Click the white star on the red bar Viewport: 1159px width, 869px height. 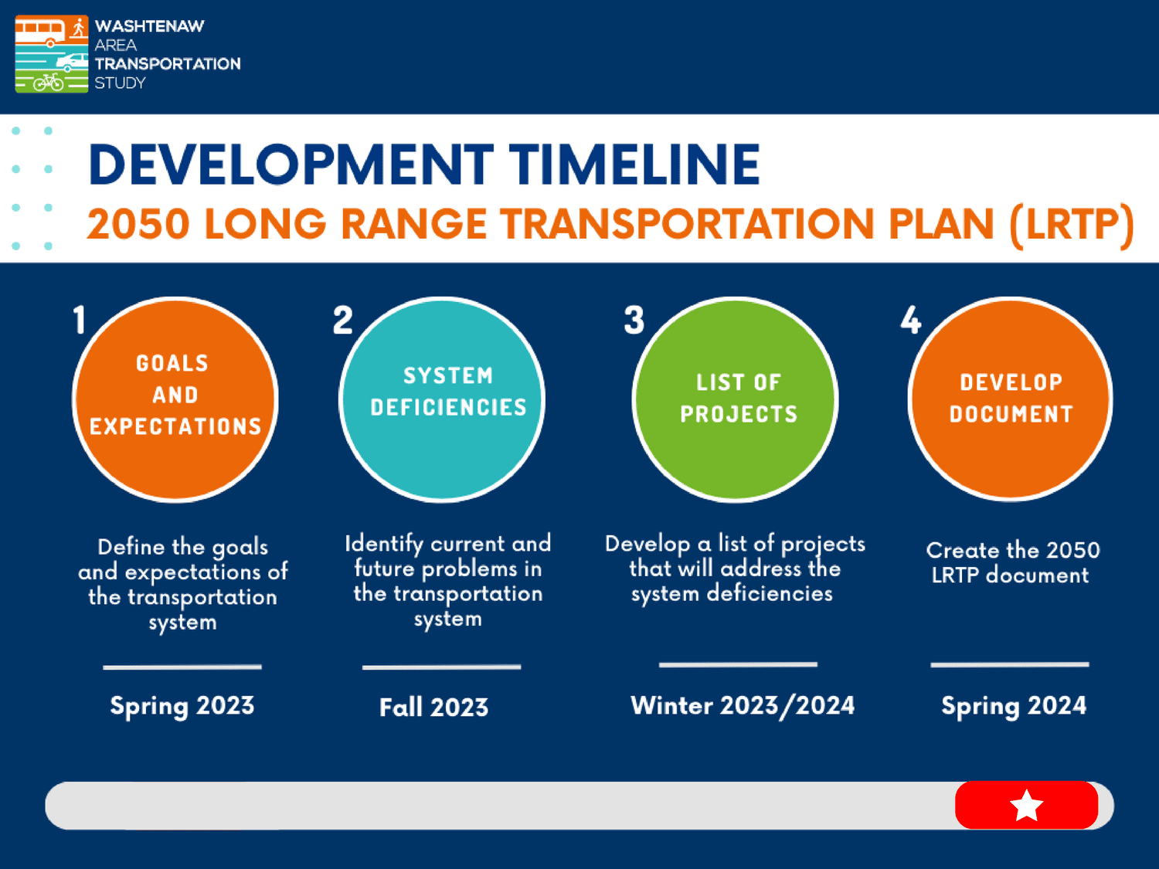pyautogui.click(x=1026, y=806)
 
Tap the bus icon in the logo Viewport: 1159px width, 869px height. pyautogui.click(x=39, y=32)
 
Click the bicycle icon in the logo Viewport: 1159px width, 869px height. pyautogui.click(x=48, y=81)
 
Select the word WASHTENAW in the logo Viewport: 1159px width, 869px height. pyautogui.click(x=149, y=26)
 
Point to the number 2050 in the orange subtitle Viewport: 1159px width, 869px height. pyautogui.click(x=138, y=225)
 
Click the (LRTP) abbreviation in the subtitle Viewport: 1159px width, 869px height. pyautogui.click(x=1072, y=225)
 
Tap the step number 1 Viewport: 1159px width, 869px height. pyautogui.click(x=79, y=320)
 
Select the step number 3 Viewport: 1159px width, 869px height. pyautogui.click(x=634, y=320)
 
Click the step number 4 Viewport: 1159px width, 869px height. pyautogui.click(x=911, y=320)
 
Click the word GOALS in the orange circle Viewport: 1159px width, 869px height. pyautogui.click(x=172, y=363)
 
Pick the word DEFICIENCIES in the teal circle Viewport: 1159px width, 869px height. pyautogui.click(x=448, y=407)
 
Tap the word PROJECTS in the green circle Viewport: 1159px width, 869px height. pyautogui.click(x=738, y=414)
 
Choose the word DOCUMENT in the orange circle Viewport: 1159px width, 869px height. pyautogui.click(x=1011, y=414)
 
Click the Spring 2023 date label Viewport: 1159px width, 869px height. pyautogui.click(x=182, y=706)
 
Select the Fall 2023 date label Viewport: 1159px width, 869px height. pyautogui.click(x=433, y=708)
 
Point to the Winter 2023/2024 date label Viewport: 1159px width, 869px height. pyautogui.click(x=742, y=706)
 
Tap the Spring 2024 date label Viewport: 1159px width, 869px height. pyautogui.click(x=1013, y=706)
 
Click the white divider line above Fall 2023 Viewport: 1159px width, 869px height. pyautogui.click(x=441, y=667)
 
